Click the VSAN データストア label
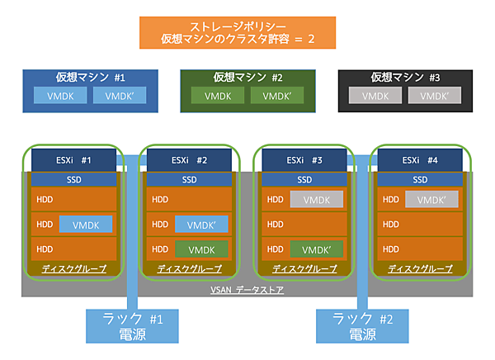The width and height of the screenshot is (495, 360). pyautogui.click(x=247, y=289)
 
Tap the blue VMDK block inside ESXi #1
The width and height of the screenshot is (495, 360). pyautogui.click(x=85, y=224)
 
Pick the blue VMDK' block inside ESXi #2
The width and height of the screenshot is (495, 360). pyautogui.click(x=200, y=224)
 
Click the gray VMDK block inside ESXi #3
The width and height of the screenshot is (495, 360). pyautogui.click(x=316, y=200)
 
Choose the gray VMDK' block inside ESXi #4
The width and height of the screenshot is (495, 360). pyautogui.click(x=431, y=200)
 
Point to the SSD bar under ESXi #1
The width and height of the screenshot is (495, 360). pyautogui.click(x=74, y=180)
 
